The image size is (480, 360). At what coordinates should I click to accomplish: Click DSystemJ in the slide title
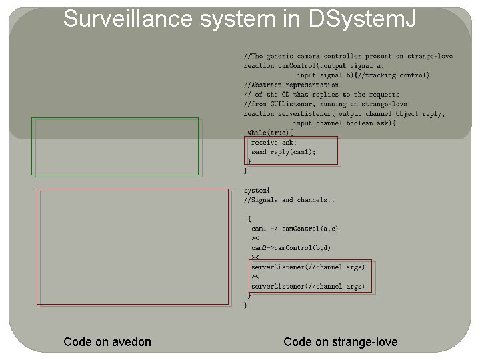click(x=363, y=19)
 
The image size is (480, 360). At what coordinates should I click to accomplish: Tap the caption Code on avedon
click(x=107, y=342)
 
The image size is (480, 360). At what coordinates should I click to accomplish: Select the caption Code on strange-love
click(x=340, y=342)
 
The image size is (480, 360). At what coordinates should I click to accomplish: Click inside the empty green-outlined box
click(x=117, y=146)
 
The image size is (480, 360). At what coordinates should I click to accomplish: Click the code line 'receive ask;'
click(x=274, y=142)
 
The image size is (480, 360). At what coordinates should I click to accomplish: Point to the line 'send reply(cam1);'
click(x=283, y=152)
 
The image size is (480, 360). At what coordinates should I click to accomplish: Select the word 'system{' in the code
click(x=257, y=191)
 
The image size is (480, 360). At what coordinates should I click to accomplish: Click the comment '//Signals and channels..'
click(x=289, y=200)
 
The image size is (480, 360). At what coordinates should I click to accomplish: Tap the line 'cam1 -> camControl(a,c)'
click(x=294, y=229)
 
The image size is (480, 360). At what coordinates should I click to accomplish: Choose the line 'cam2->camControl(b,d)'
click(x=291, y=248)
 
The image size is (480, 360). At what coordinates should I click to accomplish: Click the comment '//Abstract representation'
click(x=291, y=85)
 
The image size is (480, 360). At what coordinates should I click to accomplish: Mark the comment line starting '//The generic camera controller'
click(x=347, y=56)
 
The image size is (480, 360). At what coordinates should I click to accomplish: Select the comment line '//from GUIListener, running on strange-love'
click(x=325, y=104)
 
